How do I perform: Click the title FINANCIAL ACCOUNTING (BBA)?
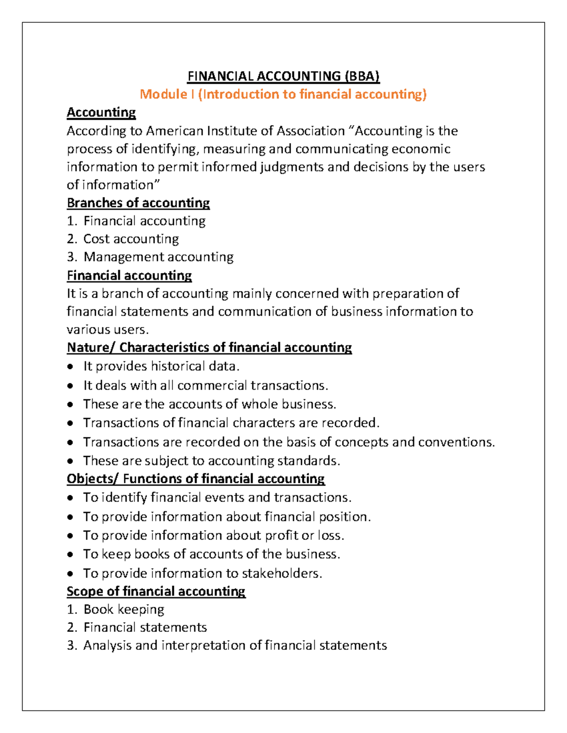coord(283,76)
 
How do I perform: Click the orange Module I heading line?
coord(283,94)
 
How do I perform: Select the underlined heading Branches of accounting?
coord(138,203)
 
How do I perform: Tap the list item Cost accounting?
coord(131,239)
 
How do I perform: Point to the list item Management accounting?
coord(158,257)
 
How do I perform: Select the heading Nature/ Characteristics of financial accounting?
coord(209,347)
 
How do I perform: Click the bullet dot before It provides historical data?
coord(70,367)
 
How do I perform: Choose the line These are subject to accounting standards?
coord(211,461)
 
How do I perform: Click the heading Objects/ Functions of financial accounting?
coord(196,479)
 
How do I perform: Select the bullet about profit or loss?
coord(214,535)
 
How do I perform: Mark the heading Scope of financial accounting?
coord(156,591)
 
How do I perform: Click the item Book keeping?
coord(124,609)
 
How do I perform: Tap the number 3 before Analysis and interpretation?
coord(71,645)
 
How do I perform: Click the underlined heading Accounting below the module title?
coord(101,112)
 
